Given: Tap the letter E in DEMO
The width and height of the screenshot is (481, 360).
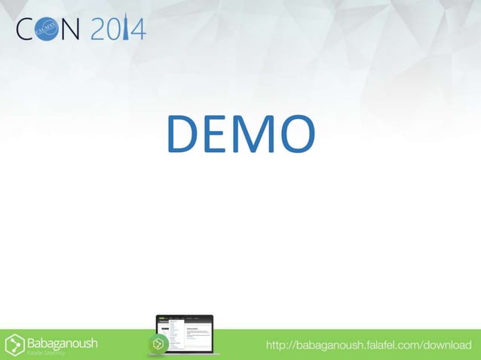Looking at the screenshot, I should [216, 133].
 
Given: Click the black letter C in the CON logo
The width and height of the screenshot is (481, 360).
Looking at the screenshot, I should [28, 30].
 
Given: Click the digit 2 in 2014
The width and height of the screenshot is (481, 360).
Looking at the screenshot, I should [100, 30].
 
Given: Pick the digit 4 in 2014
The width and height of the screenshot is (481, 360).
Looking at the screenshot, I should [139, 30].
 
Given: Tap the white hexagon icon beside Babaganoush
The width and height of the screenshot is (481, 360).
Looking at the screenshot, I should [14, 344].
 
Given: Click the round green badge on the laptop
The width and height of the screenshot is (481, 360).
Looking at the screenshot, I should [158, 344].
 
